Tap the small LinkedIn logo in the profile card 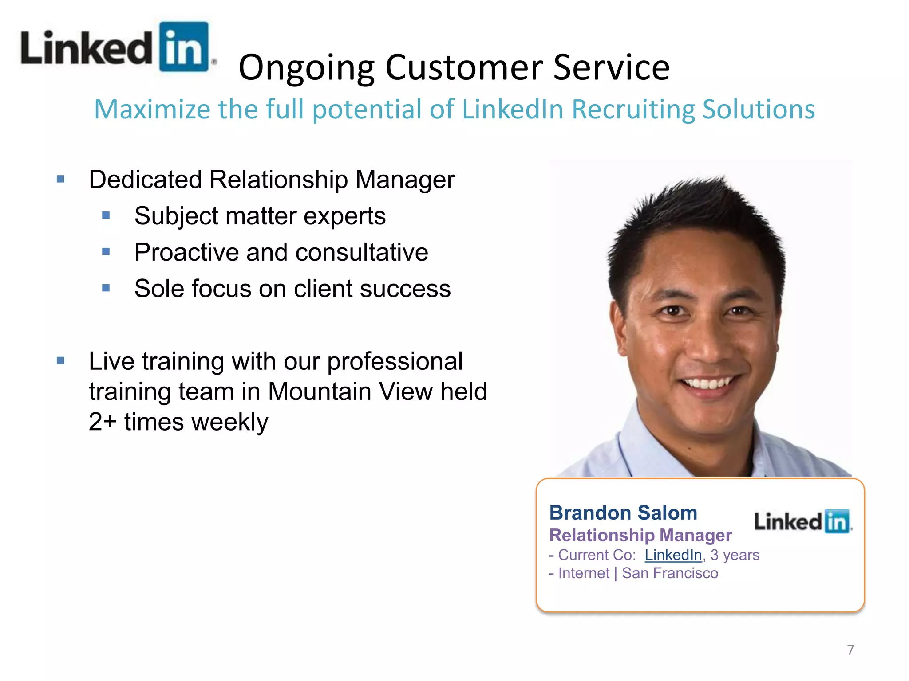802,521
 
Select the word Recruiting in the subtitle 632,110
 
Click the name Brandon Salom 623,513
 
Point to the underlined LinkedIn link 673,555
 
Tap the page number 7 850,650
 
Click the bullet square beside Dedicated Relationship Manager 61,180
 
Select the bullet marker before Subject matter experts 106,216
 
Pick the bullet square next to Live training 61,361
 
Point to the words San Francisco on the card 669,573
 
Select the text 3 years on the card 735,555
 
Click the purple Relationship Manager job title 640,535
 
